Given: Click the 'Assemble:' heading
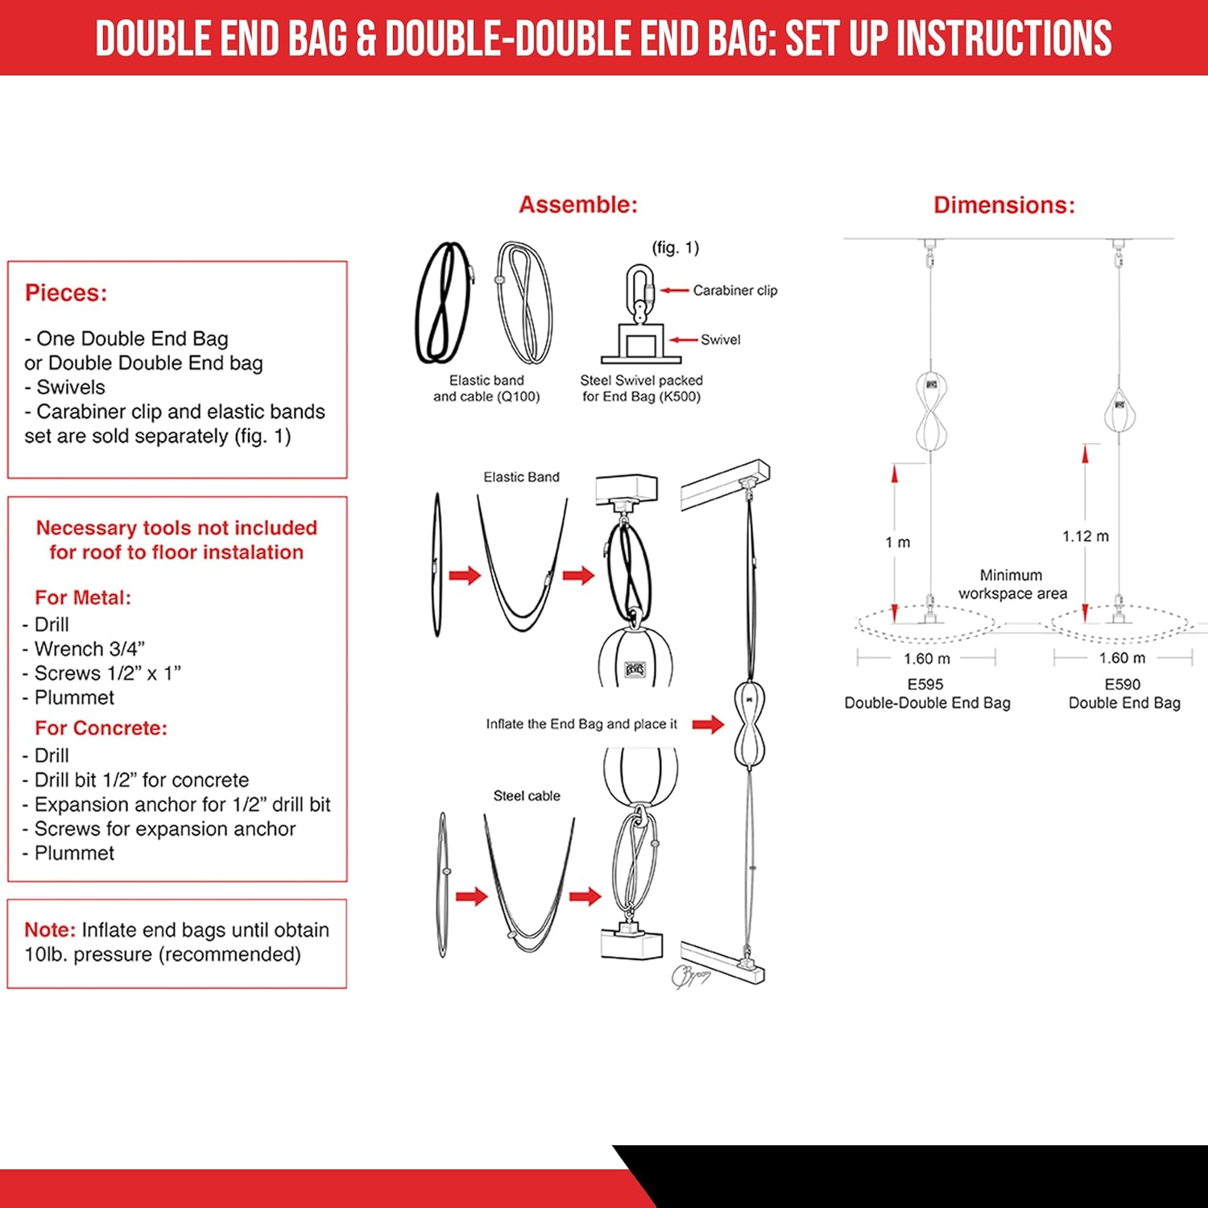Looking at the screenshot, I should coord(577,205).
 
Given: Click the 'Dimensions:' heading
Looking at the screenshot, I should coord(1003,205).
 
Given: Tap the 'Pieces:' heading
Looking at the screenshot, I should coord(66,293).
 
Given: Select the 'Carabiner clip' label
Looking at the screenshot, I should coord(734,291).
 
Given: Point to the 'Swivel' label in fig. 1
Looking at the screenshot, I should coord(720,340).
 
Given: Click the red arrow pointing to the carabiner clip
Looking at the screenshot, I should coord(675,291).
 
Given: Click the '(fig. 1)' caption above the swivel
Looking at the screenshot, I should coord(675,248).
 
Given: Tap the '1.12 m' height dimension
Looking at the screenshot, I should coord(1085,536).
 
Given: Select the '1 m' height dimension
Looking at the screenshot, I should coord(897,543).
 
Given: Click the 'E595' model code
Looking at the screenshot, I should coord(925,685).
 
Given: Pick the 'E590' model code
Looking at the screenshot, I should coord(1122,685).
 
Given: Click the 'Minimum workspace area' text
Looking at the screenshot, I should coord(1011,585).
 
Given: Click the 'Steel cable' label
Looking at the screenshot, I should coord(527,796).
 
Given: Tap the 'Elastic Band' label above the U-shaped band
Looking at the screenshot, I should coord(521,478).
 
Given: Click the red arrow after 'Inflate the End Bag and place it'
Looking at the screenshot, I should coord(708,724).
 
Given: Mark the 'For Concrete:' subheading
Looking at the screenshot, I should coord(101,728).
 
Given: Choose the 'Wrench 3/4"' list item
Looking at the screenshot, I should coord(89,649).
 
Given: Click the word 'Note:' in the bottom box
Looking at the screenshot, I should coord(50,930).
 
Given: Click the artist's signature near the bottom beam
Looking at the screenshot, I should coord(689,975).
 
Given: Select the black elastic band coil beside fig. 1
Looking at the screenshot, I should coord(441,304).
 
